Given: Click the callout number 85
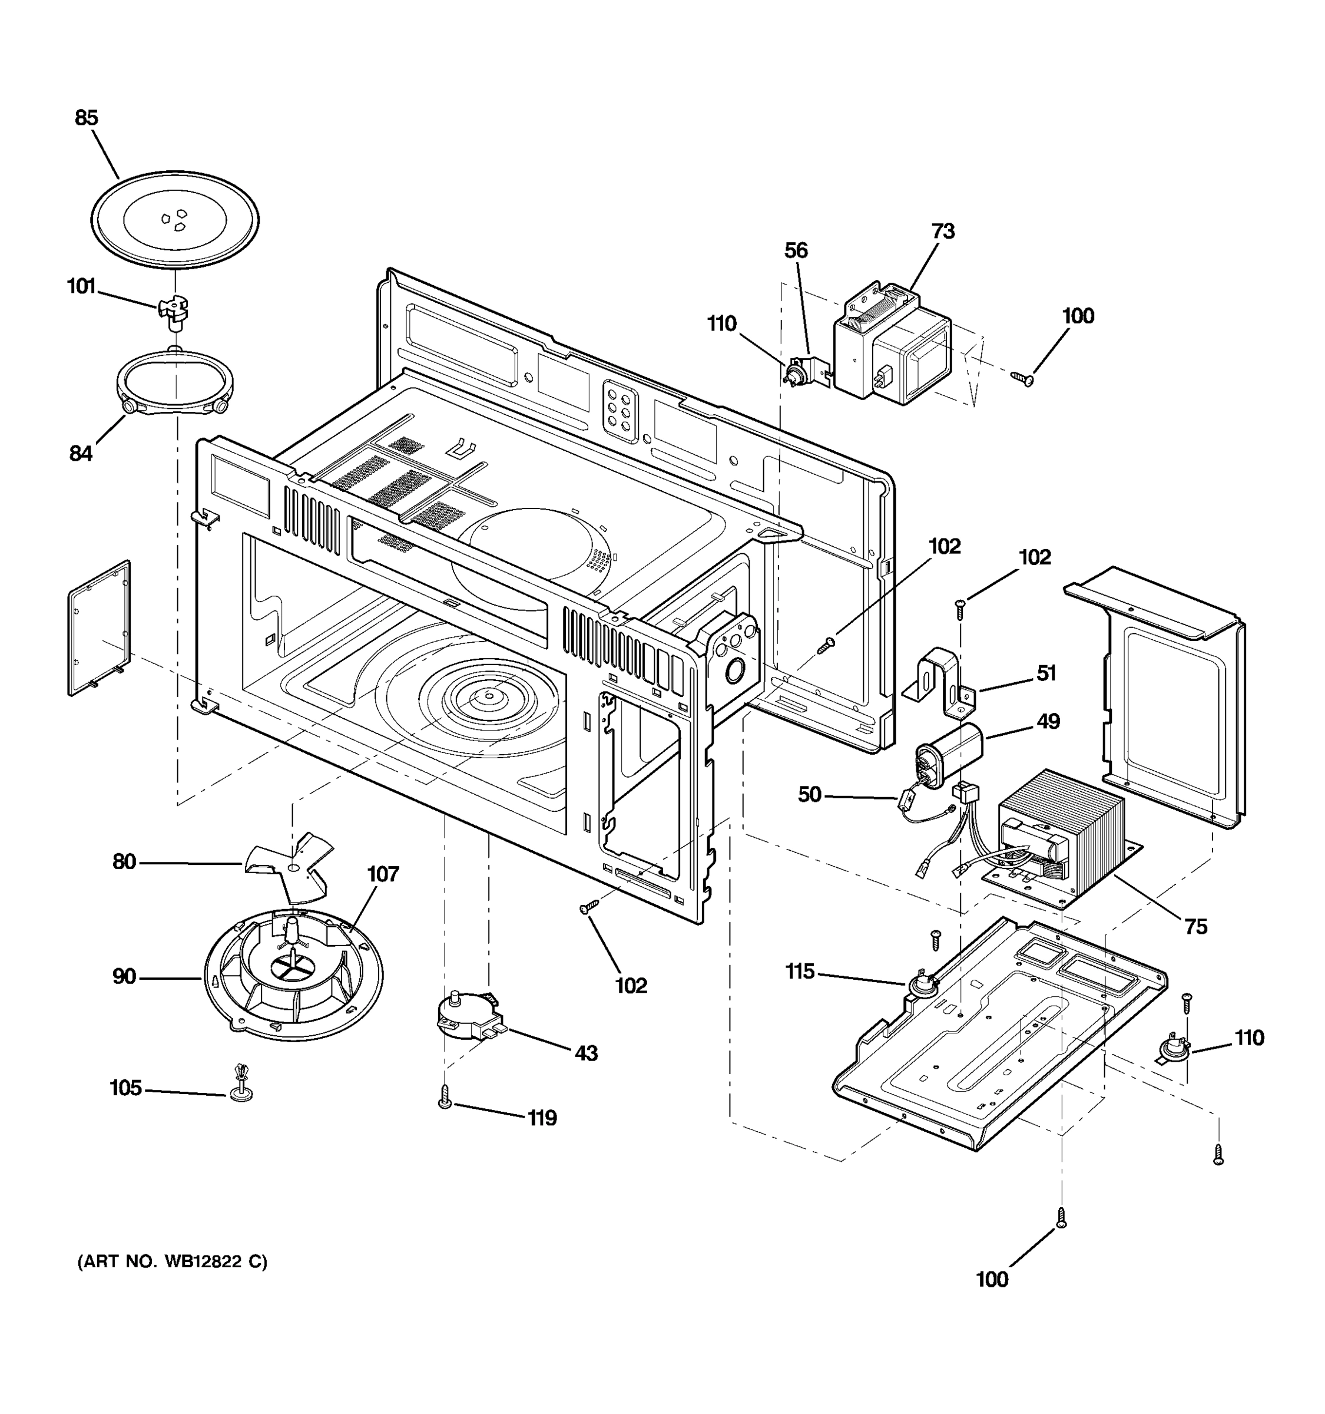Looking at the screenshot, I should tap(86, 117).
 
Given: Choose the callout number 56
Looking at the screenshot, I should tap(796, 250).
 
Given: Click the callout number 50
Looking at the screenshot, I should tap(809, 794).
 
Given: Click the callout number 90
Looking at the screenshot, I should tap(124, 977).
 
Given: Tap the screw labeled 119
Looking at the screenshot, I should tap(445, 1096).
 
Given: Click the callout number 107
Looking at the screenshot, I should tap(382, 874).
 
